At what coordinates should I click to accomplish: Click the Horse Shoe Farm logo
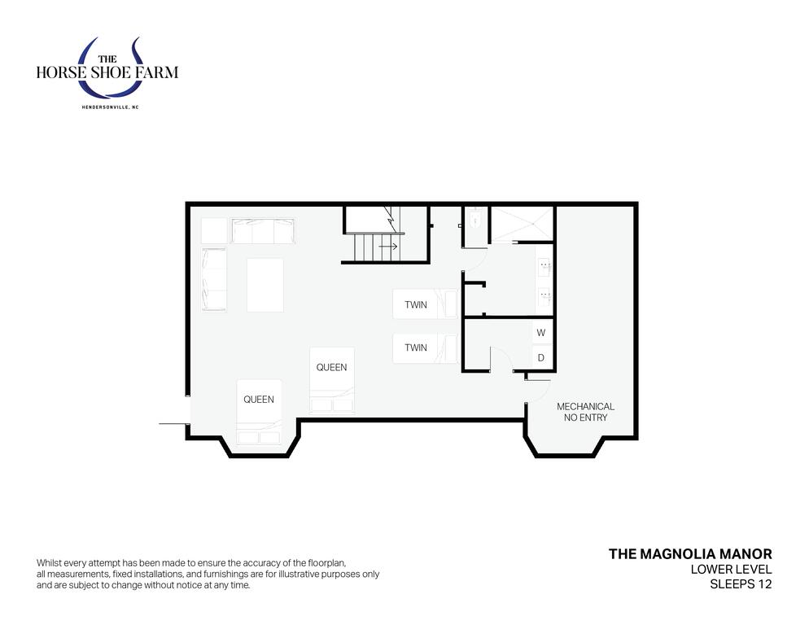(107, 70)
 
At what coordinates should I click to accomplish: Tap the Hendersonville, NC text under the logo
(111, 107)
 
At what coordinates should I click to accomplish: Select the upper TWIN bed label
(415, 304)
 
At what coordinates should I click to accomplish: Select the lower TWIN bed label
(415, 347)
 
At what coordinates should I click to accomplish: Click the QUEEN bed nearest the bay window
(259, 412)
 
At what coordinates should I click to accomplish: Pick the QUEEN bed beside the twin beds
(332, 380)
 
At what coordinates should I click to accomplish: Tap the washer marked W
(541, 332)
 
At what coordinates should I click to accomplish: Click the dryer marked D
(541, 357)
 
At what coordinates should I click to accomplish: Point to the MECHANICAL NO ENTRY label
(585, 412)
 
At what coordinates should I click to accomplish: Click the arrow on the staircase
(388, 247)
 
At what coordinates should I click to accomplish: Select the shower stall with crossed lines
(521, 224)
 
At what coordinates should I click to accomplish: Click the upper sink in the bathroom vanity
(544, 266)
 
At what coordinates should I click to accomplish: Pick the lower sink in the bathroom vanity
(544, 296)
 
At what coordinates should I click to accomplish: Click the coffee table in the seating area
(265, 285)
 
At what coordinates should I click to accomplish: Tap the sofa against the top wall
(263, 230)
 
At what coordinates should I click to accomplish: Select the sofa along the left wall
(213, 279)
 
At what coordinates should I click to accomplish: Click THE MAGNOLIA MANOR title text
(690, 553)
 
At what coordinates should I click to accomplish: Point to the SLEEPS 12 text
(741, 584)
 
